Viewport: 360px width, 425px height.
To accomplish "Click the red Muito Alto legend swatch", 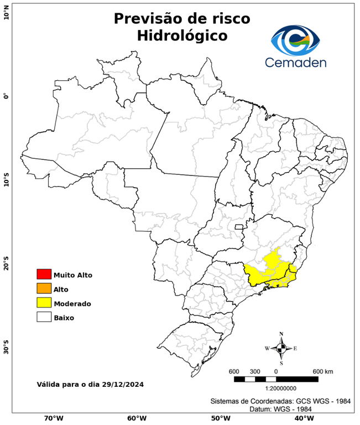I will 44,274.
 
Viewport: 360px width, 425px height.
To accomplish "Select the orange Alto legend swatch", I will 44,289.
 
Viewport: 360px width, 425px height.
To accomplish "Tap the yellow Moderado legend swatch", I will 44,303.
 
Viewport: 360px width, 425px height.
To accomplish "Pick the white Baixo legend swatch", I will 44,318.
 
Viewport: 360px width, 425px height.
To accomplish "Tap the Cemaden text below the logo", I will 295,63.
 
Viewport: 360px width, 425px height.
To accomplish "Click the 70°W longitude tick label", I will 54,418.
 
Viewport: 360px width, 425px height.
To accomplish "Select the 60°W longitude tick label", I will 137,418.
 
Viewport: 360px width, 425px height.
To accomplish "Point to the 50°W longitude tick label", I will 220,418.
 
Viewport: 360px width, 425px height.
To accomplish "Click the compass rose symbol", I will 281,348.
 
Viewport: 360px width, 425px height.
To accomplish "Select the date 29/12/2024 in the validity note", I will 124,383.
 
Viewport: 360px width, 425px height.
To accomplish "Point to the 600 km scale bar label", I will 322,371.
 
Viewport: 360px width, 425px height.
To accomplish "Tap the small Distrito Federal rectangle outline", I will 239,226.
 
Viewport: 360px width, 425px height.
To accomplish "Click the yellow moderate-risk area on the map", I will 265,271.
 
